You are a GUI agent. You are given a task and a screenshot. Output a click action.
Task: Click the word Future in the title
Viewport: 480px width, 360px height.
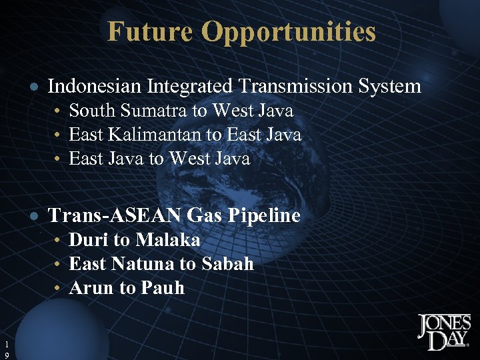click(x=150, y=31)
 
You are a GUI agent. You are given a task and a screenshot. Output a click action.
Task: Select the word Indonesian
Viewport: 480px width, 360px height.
click(x=95, y=86)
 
